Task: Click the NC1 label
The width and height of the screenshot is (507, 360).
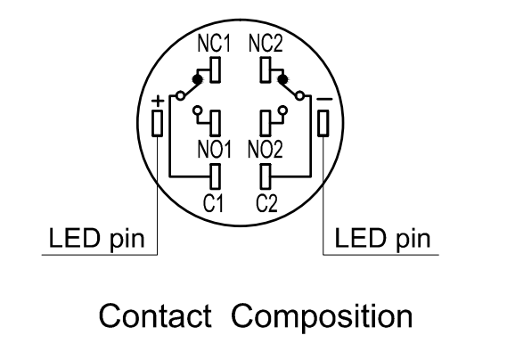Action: (x=215, y=44)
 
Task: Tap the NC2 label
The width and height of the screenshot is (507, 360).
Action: (x=266, y=44)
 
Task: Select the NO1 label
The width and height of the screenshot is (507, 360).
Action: (x=215, y=150)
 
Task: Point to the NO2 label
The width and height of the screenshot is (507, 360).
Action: (x=266, y=150)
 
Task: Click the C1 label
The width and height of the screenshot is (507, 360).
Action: (x=213, y=203)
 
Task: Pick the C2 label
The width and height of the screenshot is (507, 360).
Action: (x=266, y=203)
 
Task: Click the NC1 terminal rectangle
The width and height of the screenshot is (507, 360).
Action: (x=216, y=70)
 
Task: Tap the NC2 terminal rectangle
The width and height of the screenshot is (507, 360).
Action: (x=266, y=70)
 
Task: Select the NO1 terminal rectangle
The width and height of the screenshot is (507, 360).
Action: (x=216, y=123)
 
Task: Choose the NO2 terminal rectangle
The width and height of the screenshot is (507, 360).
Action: (x=266, y=123)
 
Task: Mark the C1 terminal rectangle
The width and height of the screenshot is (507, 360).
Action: (x=216, y=176)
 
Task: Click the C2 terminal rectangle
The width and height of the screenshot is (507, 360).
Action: (x=266, y=176)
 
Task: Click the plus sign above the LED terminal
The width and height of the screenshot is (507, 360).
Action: (x=158, y=101)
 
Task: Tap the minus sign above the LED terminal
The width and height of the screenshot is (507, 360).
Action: (x=324, y=99)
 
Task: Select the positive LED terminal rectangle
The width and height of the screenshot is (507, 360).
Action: (x=158, y=123)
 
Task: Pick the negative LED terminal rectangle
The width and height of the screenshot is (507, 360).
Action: (x=323, y=123)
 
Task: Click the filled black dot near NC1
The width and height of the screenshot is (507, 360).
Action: (x=197, y=79)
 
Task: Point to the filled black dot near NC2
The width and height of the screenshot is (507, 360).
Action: (x=283, y=79)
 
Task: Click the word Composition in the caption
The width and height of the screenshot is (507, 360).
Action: (x=322, y=317)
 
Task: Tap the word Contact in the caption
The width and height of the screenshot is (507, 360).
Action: (x=155, y=315)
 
